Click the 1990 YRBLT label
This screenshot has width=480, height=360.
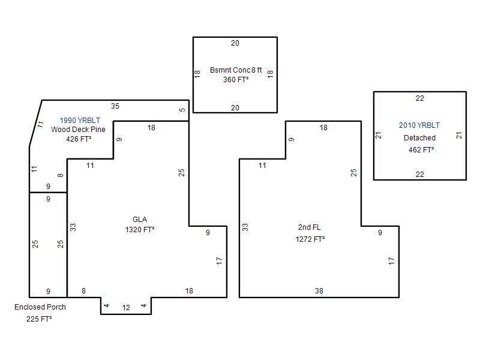tap(80, 121)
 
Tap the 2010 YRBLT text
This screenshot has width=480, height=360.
tap(419, 125)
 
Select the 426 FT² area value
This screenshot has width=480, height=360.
tap(79, 139)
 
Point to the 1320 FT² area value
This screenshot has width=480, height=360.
tap(140, 230)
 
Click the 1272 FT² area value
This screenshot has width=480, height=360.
tap(310, 239)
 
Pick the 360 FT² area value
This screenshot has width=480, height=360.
tap(236, 80)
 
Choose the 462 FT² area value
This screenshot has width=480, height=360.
tap(421, 149)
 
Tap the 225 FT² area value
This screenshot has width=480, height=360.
tap(39, 319)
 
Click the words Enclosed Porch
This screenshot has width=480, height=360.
tap(40, 307)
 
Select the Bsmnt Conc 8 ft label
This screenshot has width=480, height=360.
tap(236, 70)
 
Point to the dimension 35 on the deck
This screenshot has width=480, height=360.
tap(115, 106)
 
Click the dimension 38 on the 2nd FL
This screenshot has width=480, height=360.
tap(319, 291)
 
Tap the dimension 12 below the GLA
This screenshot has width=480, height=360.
tap(126, 308)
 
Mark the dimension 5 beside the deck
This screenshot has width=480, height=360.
tap(182, 110)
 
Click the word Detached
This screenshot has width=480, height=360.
tap(419, 138)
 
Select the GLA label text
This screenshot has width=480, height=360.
tap(140, 220)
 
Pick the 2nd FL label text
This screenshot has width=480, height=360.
tap(310, 227)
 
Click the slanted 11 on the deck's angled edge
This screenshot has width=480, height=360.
tap(40, 125)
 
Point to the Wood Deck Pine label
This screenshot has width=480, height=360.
tap(78, 130)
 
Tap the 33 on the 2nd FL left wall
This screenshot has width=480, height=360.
tap(245, 227)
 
